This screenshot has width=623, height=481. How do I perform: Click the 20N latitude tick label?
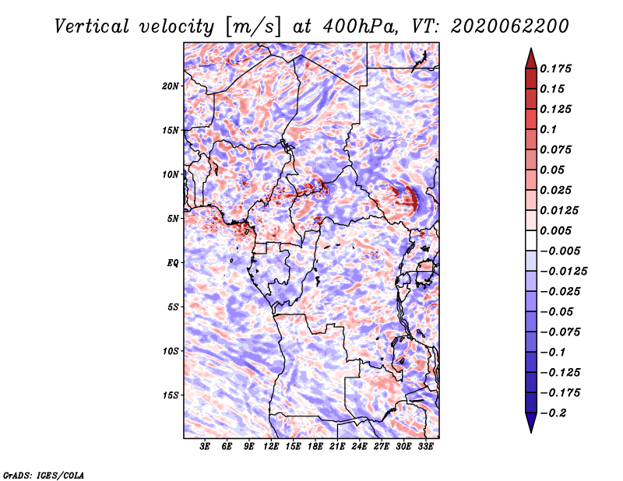pyautogui.click(x=171, y=86)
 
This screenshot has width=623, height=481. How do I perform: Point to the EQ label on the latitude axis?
pyautogui.click(x=173, y=263)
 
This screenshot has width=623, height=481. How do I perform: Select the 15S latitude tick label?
pyautogui.click(x=171, y=395)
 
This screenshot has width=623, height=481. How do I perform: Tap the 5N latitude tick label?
pyautogui.click(x=173, y=219)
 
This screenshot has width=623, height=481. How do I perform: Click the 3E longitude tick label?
pyautogui.click(x=205, y=447)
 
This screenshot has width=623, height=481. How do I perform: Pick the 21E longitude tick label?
pyautogui.click(x=337, y=447)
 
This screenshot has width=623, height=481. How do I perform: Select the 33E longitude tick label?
pyautogui.click(x=425, y=447)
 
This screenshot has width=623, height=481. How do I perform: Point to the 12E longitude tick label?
pyautogui.click(x=271, y=447)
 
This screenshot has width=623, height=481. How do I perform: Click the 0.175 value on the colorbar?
pyautogui.click(x=555, y=68)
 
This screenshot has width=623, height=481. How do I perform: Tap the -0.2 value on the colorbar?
pyautogui.click(x=553, y=413)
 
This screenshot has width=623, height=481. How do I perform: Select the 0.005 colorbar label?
pyautogui.click(x=555, y=230)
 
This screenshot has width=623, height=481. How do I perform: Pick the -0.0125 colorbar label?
pyautogui.click(x=563, y=272)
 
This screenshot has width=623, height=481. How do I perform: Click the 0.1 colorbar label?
pyautogui.click(x=548, y=129)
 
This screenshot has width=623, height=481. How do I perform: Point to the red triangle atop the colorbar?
pyautogui.click(x=531, y=58)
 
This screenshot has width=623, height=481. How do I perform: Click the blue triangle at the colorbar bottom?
pyautogui.click(x=531, y=423)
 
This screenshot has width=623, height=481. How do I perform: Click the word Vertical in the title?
pyautogui.click(x=92, y=26)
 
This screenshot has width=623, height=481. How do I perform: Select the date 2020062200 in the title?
pyautogui.click(x=510, y=26)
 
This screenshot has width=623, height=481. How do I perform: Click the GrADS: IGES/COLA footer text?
pyautogui.click(x=44, y=475)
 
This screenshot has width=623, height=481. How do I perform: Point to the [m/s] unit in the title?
pyautogui.click(x=253, y=26)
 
